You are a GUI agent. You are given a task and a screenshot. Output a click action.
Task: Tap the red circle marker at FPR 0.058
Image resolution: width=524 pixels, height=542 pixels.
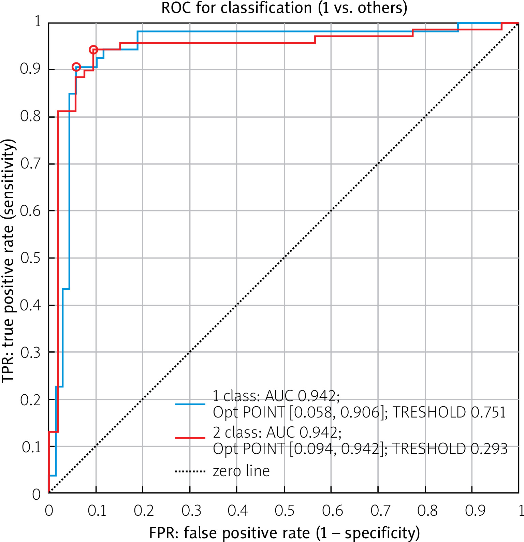tap(76, 67)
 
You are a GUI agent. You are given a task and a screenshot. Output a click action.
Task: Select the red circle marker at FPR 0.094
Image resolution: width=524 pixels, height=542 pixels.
tap(93, 50)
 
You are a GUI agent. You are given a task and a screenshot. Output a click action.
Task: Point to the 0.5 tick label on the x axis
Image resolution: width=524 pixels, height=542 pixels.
tap(285, 511)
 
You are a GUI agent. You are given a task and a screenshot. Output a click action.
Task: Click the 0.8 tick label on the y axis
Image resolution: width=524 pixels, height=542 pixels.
tap(30, 116)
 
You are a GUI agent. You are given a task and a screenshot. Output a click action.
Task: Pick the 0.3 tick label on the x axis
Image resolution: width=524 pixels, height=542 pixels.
tap(191, 511)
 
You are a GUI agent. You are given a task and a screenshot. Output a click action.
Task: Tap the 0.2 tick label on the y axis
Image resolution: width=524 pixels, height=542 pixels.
tap(30, 400)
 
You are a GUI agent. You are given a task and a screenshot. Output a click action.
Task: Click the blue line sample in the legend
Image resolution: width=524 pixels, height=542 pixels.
tap(190, 404)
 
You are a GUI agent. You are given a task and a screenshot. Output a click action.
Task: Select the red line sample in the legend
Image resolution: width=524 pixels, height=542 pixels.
tap(190, 437)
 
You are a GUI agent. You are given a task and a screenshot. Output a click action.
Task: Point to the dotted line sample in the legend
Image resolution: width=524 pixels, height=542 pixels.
tap(190, 472)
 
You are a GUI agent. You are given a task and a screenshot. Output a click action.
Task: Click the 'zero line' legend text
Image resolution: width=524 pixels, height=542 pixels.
tap(241, 471)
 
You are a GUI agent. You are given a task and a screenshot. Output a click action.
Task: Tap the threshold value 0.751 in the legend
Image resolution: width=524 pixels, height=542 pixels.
tap(488, 412)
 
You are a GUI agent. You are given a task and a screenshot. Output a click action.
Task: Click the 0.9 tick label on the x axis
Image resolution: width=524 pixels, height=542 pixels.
tap(475, 511)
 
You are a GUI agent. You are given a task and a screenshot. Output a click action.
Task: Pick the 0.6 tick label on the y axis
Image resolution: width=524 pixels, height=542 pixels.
tap(30, 211)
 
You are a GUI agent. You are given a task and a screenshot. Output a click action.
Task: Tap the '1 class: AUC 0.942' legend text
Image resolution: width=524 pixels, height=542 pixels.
tap(276, 396)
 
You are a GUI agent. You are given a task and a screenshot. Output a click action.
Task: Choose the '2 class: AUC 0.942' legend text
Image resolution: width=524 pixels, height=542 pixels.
tap(277, 433)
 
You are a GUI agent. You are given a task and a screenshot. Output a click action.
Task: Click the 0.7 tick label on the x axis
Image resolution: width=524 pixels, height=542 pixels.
tap(380, 511)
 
